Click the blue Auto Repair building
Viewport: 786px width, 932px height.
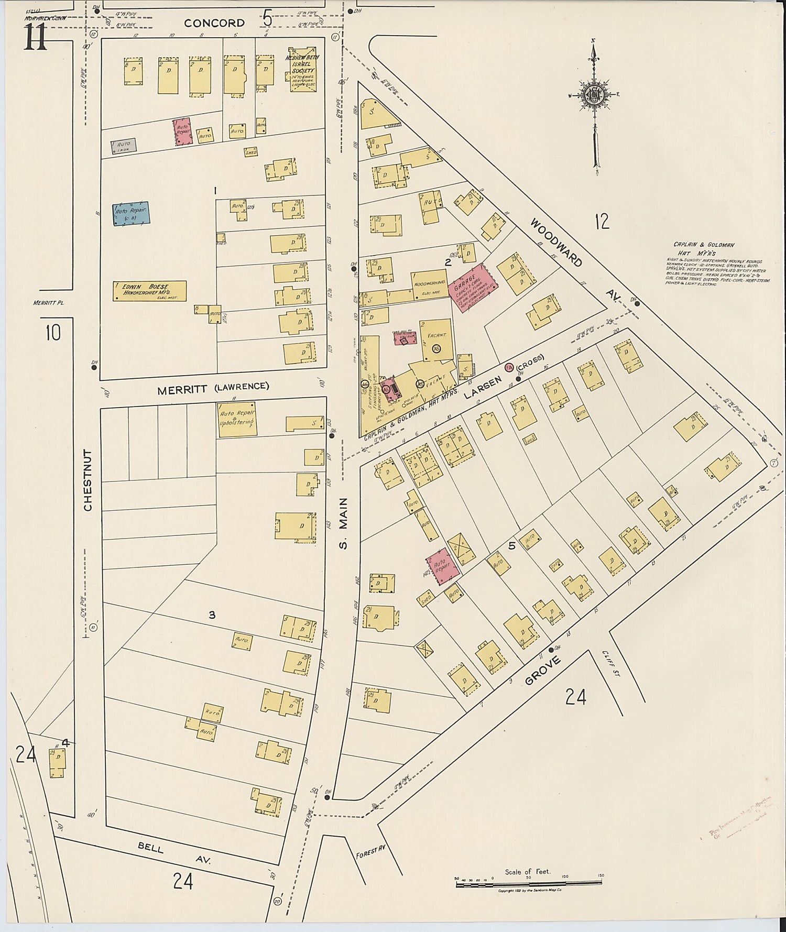(x=131, y=214)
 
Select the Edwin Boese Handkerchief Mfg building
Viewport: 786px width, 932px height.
(x=149, y=291)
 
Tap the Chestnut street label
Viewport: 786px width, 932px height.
(x=88, y=480)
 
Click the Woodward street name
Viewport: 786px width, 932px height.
(x=556, y=243)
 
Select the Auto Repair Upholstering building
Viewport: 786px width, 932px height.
(x=237, y=420)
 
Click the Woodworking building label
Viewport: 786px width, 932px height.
(x=430, y=283)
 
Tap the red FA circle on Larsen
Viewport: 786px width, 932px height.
(x=508, y=367)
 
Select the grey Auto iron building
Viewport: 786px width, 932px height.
(x=124, y=146)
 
